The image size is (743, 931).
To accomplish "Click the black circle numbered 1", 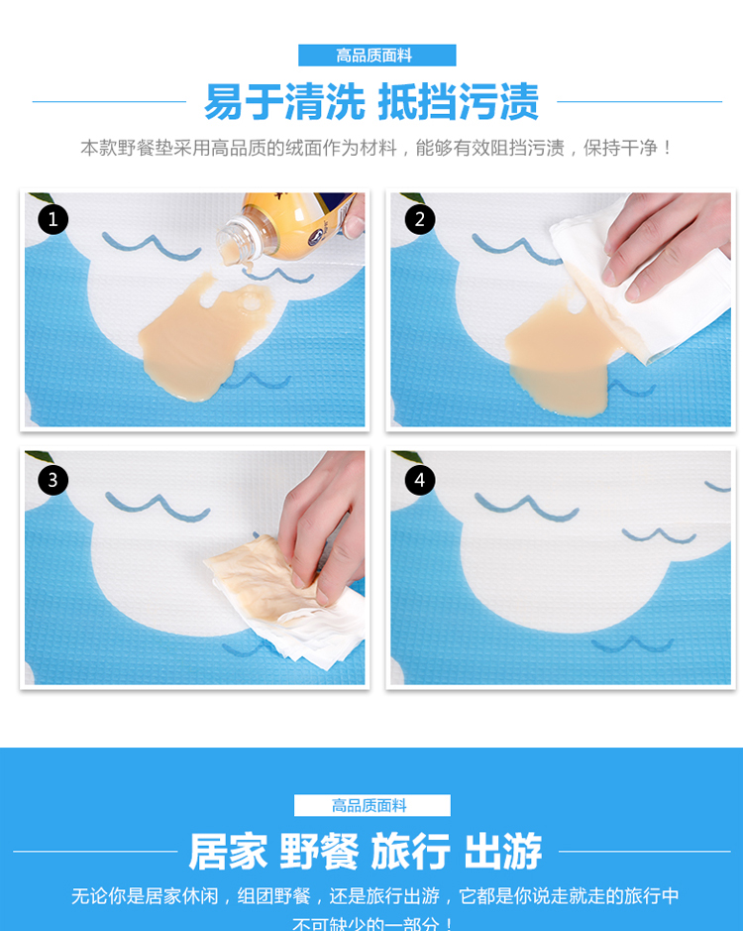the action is tap(53, 219).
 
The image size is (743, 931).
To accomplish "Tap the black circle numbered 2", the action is tap(420, 219).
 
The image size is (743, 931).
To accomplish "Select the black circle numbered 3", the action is tap(53, 479).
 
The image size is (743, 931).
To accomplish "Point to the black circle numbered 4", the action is tap(420, 479).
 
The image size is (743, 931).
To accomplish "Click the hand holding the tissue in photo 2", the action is tap(665, 241).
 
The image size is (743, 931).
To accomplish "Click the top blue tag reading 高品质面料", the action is tap(376, 56).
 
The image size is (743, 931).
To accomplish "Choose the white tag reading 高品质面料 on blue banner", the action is tap(372, 805).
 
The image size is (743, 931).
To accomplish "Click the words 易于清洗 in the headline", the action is tap(285, 102).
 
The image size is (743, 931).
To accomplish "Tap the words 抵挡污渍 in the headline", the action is tap(458, 102).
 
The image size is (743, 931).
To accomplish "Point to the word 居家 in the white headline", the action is tap(228, 852).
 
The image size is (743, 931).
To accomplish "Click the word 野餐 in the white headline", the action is tap(319, 852).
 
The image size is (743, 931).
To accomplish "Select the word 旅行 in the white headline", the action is tap(411, 852).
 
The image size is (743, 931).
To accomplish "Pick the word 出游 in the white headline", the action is tap(503, 852).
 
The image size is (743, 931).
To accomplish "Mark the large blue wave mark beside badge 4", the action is tap(526, 507).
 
